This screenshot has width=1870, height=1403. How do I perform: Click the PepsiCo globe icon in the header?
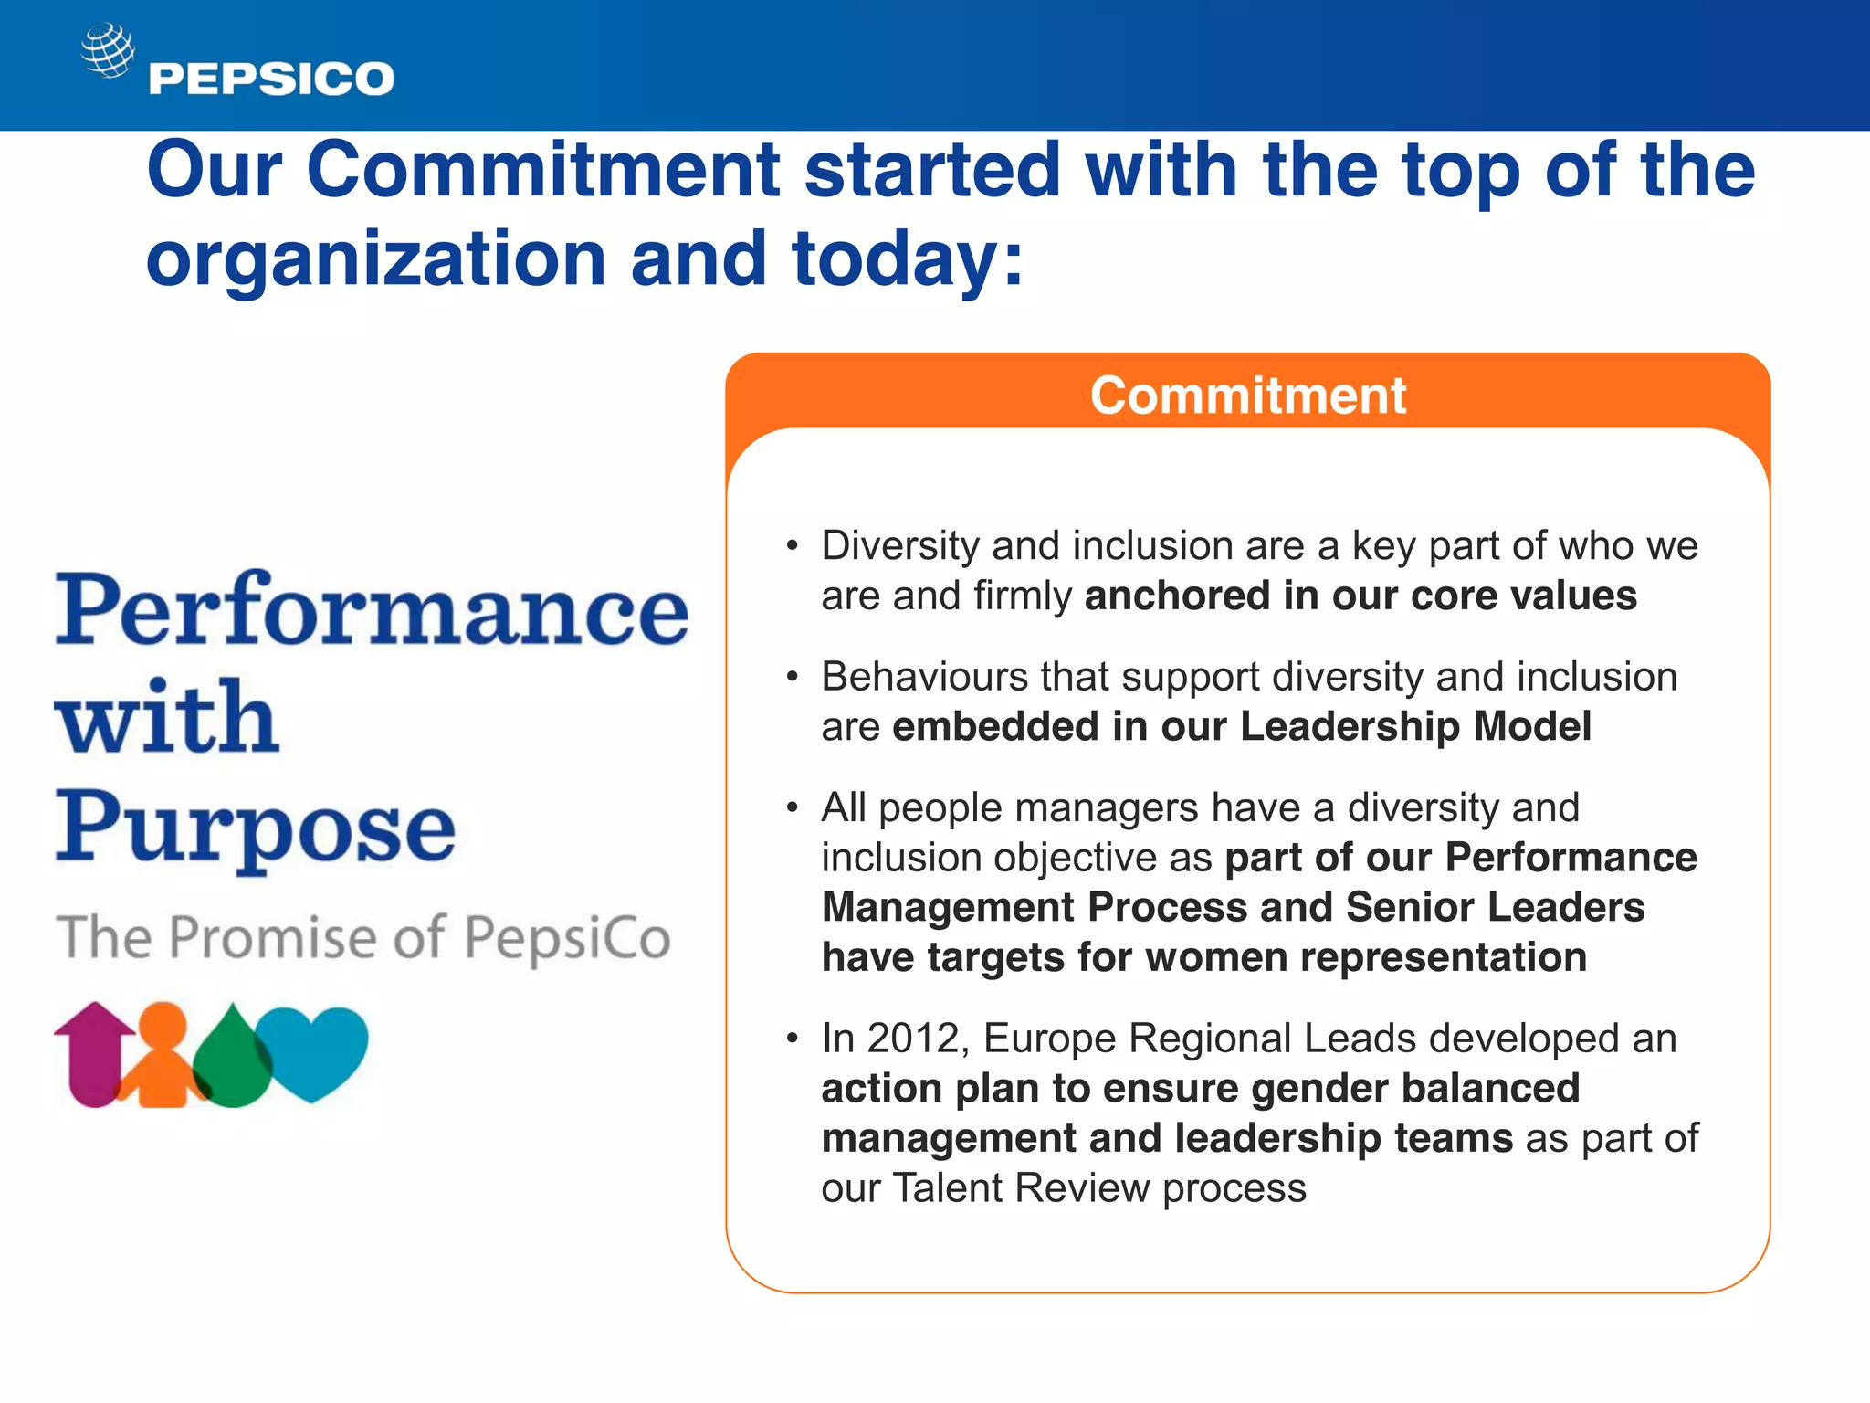coord(108,50)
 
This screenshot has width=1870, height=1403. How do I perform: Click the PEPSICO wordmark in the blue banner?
coord(271,79)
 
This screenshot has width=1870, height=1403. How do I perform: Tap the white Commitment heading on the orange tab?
coord(1247,396)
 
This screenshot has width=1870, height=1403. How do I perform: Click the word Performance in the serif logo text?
coord(372,610)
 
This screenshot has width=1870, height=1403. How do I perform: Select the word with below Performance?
coord(167,718)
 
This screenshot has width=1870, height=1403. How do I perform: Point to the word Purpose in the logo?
coord(256,828)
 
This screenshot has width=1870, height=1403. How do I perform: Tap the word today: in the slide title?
coord(908,258)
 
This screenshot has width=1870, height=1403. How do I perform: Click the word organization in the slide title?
coord(375,258)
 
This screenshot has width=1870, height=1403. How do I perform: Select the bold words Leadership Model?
coord(1415,727)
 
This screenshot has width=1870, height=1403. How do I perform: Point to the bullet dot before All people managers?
coord(793,807)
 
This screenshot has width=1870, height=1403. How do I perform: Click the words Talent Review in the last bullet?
coord(1021,1188)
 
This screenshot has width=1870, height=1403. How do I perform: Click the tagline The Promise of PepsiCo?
coord(363,937)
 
